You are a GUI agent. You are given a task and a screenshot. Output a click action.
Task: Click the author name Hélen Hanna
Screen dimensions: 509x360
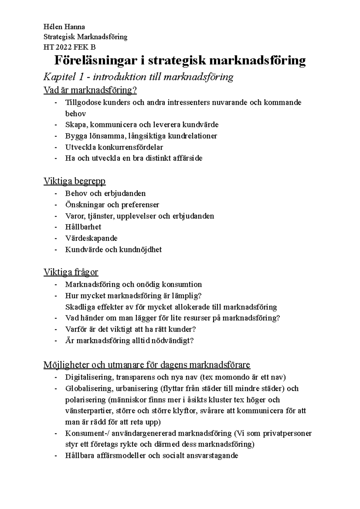(x=64, y=27)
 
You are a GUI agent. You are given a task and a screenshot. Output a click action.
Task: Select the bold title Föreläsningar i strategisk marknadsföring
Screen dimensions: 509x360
(x=180, y=61)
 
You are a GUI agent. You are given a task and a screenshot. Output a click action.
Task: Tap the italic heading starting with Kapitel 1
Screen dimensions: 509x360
(x=138, y=77)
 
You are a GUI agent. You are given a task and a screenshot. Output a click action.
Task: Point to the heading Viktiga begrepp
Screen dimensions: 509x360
(x=74, y=181)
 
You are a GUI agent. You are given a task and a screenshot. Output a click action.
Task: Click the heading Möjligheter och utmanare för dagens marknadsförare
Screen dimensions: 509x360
(x=147, y=365)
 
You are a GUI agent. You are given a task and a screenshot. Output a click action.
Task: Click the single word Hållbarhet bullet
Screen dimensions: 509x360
(x=83, y=227)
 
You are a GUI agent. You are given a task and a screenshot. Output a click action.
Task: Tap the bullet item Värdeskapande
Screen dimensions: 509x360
(x=91, y=238)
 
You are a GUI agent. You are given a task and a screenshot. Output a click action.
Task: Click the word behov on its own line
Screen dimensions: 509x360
(x=76, y=114)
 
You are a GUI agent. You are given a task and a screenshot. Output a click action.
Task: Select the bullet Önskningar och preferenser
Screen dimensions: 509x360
(x=112, y=205)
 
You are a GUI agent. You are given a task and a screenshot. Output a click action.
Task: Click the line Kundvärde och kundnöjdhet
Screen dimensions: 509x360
(x=113, y=249)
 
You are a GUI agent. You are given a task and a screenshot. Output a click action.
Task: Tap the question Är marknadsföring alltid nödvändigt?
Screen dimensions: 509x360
(x=129, y=341)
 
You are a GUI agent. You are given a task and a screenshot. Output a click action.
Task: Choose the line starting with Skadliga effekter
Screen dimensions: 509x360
(x=171, y=307)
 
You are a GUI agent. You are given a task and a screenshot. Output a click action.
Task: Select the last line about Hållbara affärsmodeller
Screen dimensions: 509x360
(x=151, y=456)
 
